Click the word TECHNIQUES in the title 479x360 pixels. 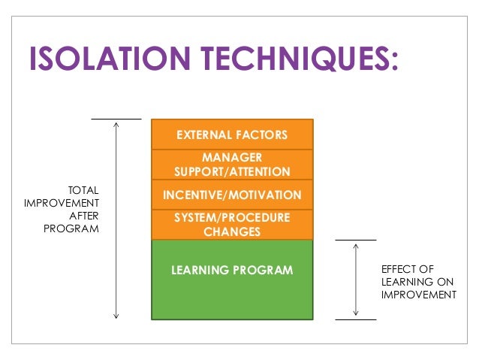point(304,60)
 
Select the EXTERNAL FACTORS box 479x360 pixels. point(232,135)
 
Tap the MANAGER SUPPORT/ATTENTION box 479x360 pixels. point(232,165)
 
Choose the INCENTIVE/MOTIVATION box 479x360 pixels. point(232,195)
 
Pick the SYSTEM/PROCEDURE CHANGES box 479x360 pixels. point(232,225)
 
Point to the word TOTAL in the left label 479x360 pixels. point(83,190)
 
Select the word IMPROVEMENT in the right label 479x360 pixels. point(418,295)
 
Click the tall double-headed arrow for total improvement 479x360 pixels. point(116,218)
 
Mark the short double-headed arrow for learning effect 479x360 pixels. point(356,280)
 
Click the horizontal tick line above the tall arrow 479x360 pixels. point(116,119)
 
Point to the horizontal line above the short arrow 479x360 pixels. point(356,241)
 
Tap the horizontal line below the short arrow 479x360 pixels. point(356,319)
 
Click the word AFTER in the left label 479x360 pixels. point(84,216)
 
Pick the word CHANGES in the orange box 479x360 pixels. point(232,231)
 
